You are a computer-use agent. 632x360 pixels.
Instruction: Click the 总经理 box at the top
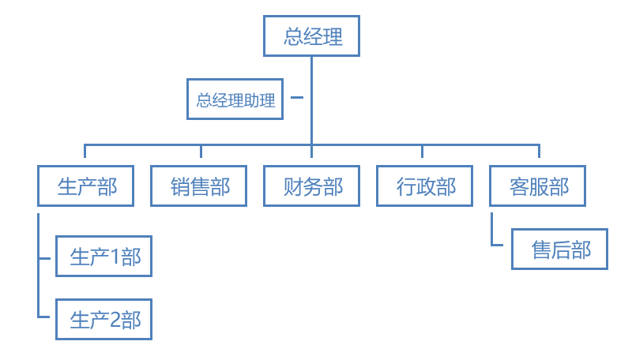pyautogui.click(x=311, y=36)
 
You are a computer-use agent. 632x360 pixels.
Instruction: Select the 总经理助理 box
pyautogui.click(x=235, y=100)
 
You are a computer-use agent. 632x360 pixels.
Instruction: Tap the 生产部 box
pyautogui.click(x=85, y=186)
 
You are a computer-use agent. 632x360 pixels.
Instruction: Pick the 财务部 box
pyautogui.click(x=311, y=186)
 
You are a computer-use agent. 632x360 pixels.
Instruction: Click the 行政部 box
pyautogui.click(x=424, y=186)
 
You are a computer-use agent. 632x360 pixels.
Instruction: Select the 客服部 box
pyautogui.click(x=538, y=186)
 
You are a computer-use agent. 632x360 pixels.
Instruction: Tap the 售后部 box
pyautogui.click(x=559, y=249)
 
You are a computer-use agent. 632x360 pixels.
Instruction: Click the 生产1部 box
pyautogui.click(x=103, y=257)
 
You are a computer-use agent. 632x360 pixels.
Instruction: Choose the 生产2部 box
pyautogui.click(x=103, y=320)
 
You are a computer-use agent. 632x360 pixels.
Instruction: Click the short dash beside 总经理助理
pyautogui.click(x=297, y=97)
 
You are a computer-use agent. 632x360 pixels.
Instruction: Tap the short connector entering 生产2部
pyautogui.click(x=46, y=316)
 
